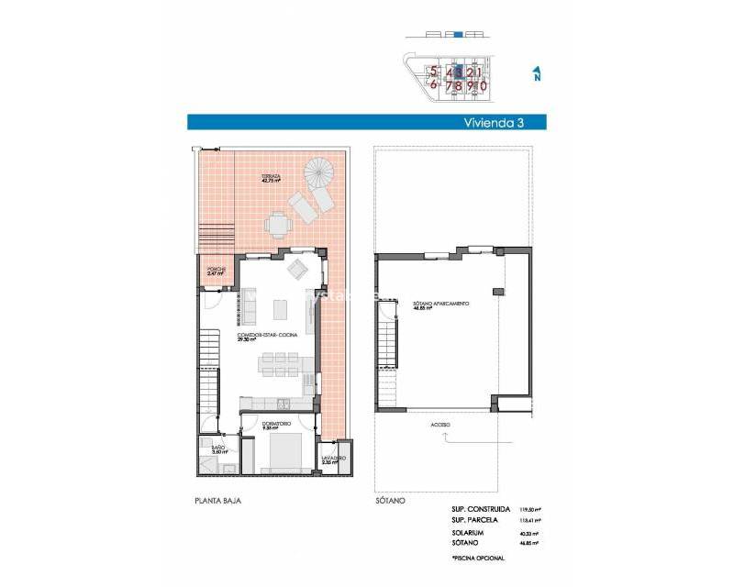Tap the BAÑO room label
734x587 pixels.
tap(219, 449)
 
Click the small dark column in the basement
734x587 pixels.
tap(497, 291)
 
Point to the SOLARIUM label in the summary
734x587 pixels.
tap(467, 532)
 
